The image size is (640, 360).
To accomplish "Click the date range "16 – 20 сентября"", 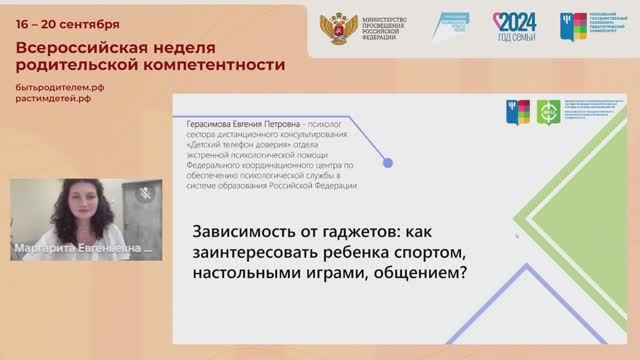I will click(68, 23).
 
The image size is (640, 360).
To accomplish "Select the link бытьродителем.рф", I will click(60, 88).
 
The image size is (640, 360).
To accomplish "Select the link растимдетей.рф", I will click(55, 101).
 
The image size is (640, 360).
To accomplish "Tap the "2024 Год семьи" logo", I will click(514, 26).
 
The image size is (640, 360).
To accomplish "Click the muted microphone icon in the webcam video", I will click(146, 192).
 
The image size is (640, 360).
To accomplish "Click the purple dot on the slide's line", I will click(388, 163).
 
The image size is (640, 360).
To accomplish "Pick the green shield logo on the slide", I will click(547, 110).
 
